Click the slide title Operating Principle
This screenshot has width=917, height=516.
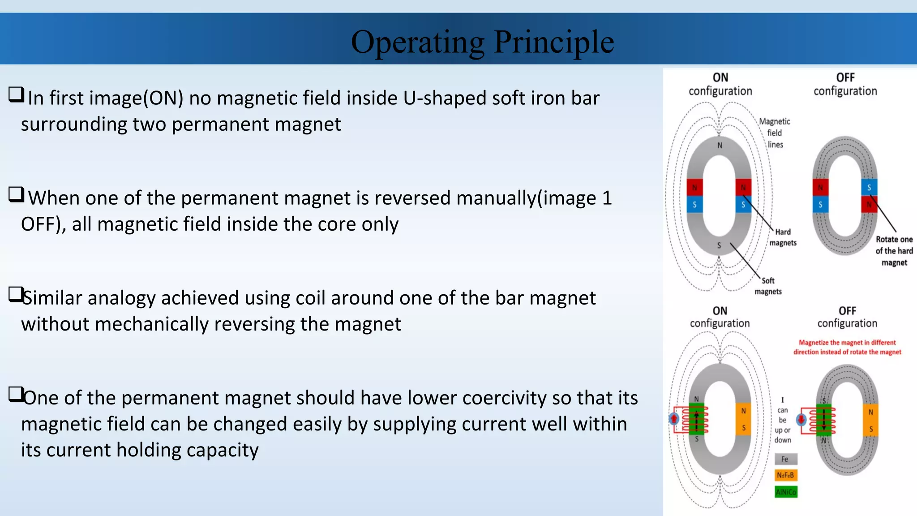click(x=482, y=42)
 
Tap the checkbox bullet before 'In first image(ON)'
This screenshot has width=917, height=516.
click(x=16, y=95)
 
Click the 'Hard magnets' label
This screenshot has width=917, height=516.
click(x=783, y=237)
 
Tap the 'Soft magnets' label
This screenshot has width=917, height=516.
click(x=768, y=286)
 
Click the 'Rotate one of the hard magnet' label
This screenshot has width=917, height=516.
click(x=894, y=251)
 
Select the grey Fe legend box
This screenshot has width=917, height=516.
click(x=785, y=459)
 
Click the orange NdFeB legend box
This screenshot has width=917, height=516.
click(x=785, y=475)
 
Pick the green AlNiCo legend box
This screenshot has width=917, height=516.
click(x=786, y=492)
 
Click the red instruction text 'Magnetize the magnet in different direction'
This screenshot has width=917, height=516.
click(x=847, y=347)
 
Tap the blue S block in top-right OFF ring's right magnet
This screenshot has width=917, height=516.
click(x=869, y=187)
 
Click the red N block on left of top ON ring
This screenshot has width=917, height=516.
click(x=694, y=187)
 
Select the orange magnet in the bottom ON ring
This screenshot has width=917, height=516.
click(x=743, y=419)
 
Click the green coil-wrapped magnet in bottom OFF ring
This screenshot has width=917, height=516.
click(x=824, y=420)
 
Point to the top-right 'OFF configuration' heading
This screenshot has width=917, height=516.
click(x=845, y=84)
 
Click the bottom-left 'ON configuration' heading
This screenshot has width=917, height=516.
click(x=720, y=317)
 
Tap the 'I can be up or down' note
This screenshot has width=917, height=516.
click(x=783, y=420)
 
